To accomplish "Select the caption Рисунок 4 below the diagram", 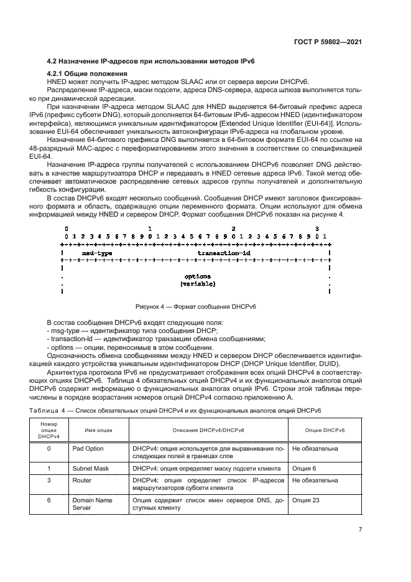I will [196, 307].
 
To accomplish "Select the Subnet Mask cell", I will [89, 467].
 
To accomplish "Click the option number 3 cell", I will [48, 481].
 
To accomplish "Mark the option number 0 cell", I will [48, 448].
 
